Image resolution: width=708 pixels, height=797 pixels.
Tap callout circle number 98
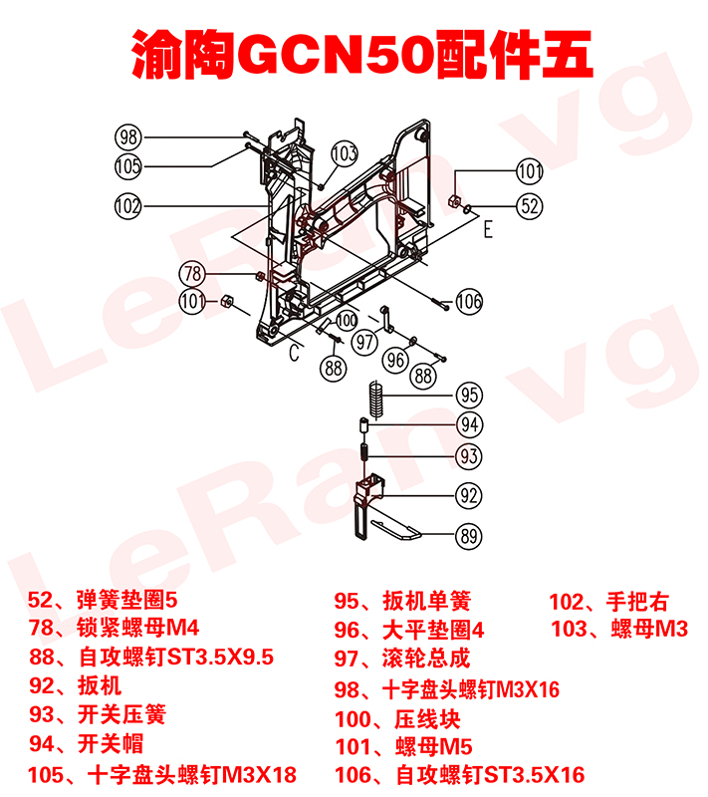[129, 137]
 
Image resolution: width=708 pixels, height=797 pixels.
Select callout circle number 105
[128, 165]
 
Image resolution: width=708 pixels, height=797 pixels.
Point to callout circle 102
[128, 206]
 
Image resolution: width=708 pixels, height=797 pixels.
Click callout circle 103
[344, 153]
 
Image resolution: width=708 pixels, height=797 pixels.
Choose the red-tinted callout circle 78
[193, 273]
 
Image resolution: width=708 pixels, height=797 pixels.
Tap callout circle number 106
[469, 300]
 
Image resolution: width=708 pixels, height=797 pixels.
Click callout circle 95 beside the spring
[469, 394]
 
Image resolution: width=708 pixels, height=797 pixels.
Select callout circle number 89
[469, 535]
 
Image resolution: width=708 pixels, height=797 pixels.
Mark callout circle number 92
[469, 493]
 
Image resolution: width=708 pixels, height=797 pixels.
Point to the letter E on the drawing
[488, 231]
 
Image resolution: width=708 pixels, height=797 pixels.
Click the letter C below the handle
[295, 353]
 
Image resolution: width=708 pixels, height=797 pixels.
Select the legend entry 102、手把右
[609, 601]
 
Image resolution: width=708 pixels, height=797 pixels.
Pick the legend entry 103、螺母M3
[620, 629]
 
